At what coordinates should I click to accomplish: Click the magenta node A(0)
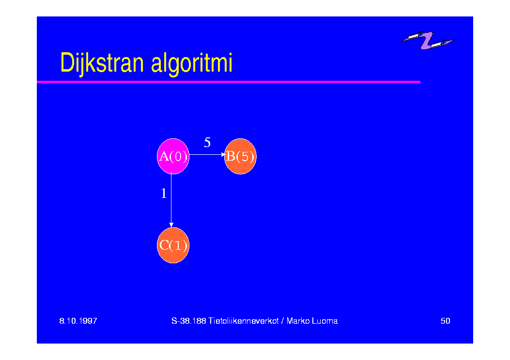173,156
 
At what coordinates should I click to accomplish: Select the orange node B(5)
240,156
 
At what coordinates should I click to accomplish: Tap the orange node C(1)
173,245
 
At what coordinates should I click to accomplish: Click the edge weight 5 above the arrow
207,142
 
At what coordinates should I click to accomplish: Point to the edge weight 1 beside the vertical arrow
164,194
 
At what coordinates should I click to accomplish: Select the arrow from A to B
207,155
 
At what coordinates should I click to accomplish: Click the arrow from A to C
171,200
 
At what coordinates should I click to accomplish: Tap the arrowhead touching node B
223,155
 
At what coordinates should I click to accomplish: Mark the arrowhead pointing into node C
171,225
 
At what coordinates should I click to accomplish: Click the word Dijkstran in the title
102,63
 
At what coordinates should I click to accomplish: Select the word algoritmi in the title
192,64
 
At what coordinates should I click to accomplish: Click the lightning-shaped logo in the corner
427,40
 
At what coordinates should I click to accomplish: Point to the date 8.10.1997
78,321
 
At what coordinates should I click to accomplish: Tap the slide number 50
446,321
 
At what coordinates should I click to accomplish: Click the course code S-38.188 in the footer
189,321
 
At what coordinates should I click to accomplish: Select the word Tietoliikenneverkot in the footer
244,321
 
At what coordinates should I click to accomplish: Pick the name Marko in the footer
298,321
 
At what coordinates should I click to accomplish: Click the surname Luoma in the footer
325,321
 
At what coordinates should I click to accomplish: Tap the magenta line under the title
229,82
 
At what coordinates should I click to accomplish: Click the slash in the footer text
283,321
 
